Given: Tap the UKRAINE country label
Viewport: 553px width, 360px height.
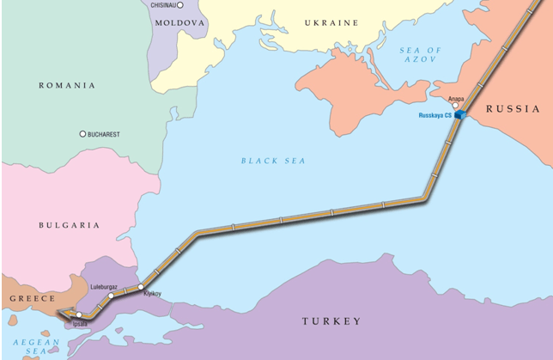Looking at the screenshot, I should [x=329, y=22].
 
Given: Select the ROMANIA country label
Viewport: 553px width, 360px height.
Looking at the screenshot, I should [x=67, y=85].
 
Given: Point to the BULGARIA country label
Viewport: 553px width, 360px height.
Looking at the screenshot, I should [x=69, y=225].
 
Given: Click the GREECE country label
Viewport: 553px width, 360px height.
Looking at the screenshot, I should [x=32, y=299].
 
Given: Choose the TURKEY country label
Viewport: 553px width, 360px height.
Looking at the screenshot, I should [x=331, y=320].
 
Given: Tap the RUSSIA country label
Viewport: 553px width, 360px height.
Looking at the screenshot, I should [x=513, y=108].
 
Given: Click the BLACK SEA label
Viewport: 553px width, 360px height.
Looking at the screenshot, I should [x=273, y=161].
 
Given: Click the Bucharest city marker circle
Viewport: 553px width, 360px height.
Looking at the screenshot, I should [x=82, y=134].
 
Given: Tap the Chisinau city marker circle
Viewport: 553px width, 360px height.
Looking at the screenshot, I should [x=180, y=5].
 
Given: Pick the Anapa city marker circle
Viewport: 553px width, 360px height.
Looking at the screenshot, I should [x=455, y=106].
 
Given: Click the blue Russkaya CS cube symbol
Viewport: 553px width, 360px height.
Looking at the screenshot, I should [x=460, y=114].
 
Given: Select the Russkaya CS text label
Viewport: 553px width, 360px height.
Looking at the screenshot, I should [x=435, y=115].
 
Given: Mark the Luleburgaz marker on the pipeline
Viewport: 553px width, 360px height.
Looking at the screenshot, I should [x=112, y=296].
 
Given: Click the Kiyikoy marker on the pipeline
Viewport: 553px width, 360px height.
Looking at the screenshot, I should [x=141, y=286].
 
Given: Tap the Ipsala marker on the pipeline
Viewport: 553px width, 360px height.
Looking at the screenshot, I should [x=79, y=314].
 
